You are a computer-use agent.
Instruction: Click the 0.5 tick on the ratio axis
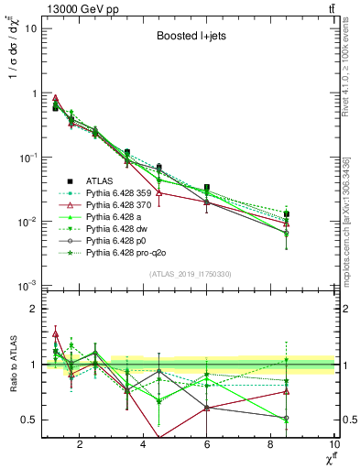click(x=31, y=420)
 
